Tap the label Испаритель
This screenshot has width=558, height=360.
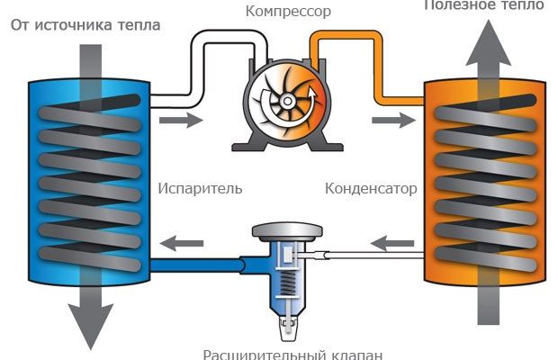click(201, 190)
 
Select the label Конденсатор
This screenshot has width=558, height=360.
click(371, 190)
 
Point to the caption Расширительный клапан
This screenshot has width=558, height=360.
click(292, 353)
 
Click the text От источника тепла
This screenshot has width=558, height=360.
click(85, 24)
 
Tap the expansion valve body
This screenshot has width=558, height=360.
click(285, 270)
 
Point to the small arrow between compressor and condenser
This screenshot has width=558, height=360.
click(386, 119)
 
